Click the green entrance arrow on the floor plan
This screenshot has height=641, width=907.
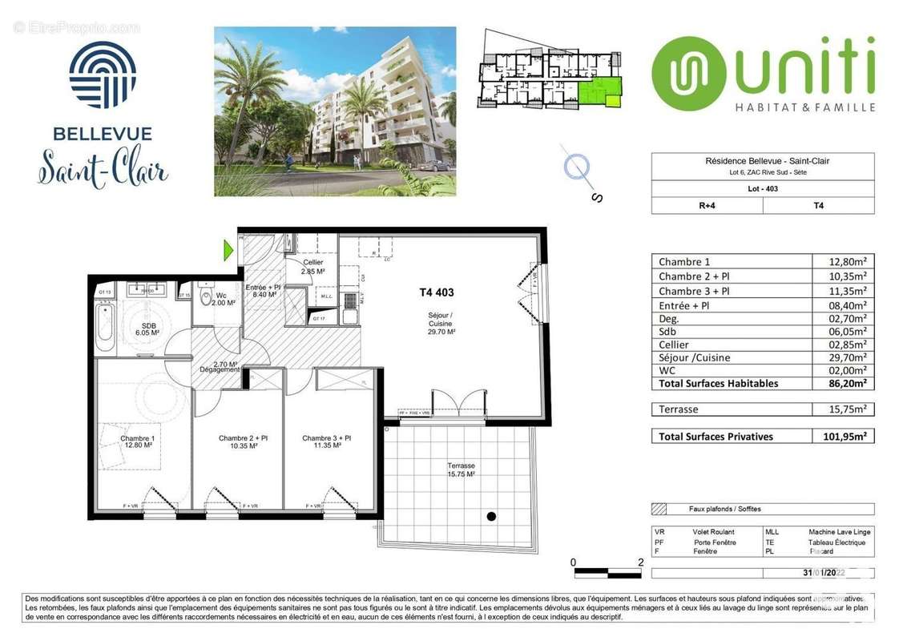[x=228, y=251]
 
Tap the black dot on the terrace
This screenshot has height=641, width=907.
[x=491, y=517]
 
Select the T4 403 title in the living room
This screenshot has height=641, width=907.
[x=437, y=292]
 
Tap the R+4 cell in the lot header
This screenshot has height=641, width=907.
[x=707, y=205]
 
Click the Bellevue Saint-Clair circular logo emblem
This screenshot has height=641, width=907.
[x=103, y=75]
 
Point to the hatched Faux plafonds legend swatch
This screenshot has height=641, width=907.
[x=660, y=509]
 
